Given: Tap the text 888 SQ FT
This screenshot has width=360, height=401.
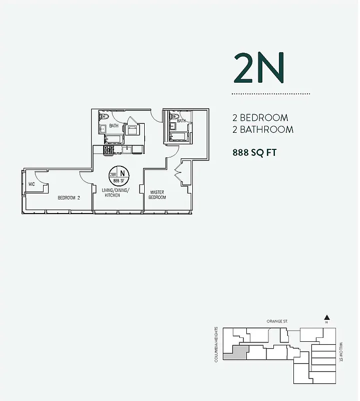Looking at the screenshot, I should click(254, 153).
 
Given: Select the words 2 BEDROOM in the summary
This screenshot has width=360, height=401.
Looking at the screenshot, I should click(260, 118).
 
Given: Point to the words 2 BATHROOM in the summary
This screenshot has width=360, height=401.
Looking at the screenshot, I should click(262, 129).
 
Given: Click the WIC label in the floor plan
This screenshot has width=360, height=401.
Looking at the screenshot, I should click(32, 184).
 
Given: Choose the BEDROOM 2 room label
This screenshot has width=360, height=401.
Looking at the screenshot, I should click(69, 197).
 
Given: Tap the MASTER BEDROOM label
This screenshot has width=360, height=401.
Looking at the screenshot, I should click(158, 194).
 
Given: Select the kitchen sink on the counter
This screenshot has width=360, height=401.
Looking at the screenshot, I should click(126, 149).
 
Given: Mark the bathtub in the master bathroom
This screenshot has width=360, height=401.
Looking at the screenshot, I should click(179, 136).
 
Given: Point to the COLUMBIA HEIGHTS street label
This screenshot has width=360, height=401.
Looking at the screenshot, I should click(216, 345).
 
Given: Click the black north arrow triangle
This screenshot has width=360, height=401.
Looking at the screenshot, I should click(326, 317).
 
